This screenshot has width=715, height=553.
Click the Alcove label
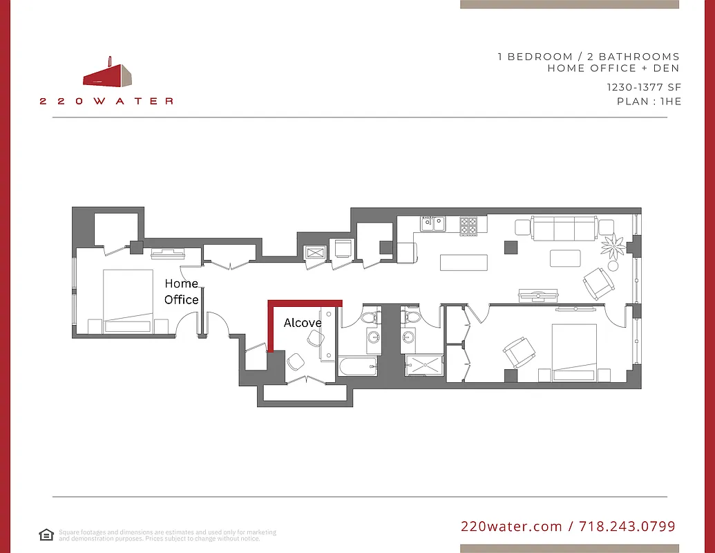click(x=303, y=323)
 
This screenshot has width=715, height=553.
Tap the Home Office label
click(x=182, y=292)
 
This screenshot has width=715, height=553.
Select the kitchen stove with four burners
click(x=469, y=225)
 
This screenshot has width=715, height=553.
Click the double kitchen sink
click(x=434, y=224)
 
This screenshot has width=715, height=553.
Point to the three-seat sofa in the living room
click(x=564, y=227)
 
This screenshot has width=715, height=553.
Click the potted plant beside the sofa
click(x=613, y=245)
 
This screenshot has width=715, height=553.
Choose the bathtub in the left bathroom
click(x=357, y=366)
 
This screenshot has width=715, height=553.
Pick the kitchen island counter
click(x=464, y=263)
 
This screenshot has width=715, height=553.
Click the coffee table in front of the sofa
click(x=565, y=258)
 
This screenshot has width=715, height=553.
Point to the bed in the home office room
click(x=128, y=302)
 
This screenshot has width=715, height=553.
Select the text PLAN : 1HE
click(x=649, y=102)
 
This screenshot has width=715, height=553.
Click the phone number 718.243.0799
click(x=627, y=527)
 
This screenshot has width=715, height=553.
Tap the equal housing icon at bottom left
click(x=46, y=534)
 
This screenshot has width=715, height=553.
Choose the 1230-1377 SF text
click(x=644, y=87)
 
